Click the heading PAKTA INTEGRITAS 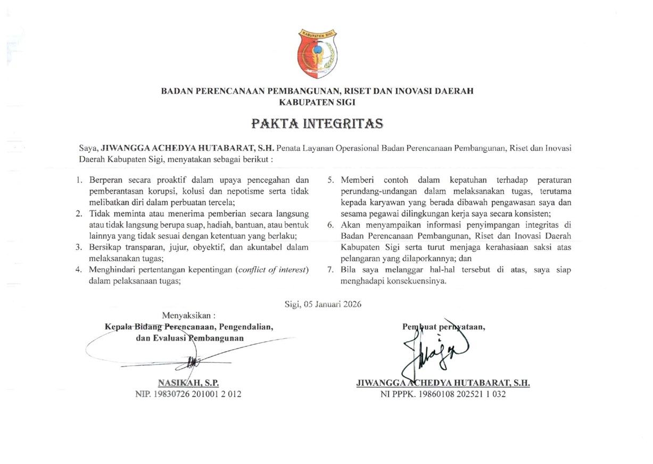[317, 124]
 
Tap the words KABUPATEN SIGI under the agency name [317, 101]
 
